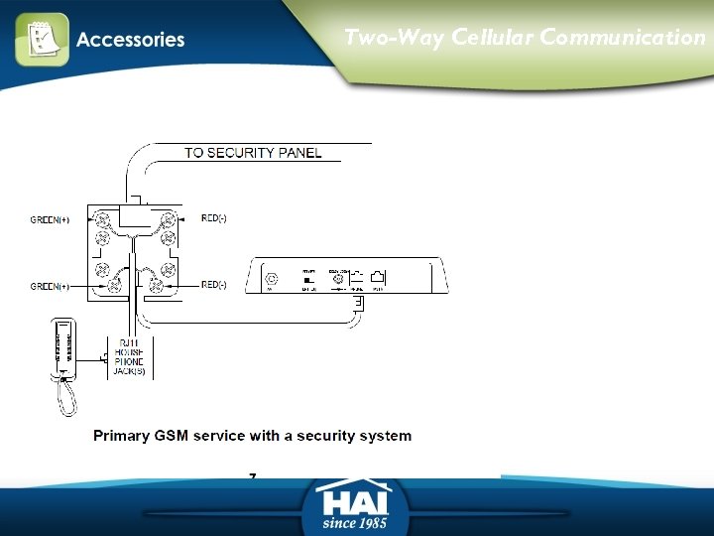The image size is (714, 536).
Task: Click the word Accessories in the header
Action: [130, 40]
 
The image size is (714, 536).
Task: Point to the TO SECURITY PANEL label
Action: [253, 153]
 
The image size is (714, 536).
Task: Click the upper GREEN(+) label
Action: [50, 219]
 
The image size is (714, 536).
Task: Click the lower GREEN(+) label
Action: [50, 287]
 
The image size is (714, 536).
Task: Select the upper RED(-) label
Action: [214, 218]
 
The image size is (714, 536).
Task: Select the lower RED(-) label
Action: [214, 285]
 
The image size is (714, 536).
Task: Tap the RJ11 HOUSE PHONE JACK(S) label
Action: [130, 357]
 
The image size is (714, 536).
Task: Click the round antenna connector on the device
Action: [270, 279]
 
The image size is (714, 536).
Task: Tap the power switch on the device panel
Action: [308, 280]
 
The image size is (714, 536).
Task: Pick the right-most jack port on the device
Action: [378, 279]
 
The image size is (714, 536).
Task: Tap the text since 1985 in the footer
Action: [354, 522]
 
